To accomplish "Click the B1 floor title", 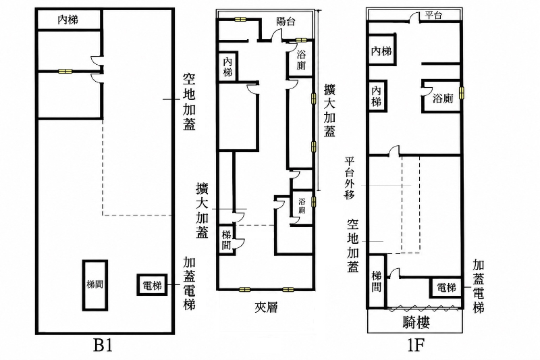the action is pos(103,346).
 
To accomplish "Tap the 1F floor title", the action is pos(416,346).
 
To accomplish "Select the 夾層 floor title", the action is pos(266,307).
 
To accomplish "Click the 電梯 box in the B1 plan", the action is pos(153,285).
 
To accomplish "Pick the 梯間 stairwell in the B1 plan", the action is pos(95,285).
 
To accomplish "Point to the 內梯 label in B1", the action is pos(68,20).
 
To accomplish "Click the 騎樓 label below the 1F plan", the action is pos(416,323).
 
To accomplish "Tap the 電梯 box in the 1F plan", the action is pos(446,287).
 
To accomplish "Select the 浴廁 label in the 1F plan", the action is pos(443,99).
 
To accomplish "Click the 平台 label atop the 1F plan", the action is pos(433,15).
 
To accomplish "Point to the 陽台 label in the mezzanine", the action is pos(286,22).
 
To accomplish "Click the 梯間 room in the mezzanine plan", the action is pos(227,240).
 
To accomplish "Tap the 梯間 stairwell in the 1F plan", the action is pos(377,281).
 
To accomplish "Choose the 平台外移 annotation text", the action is pos(350,178).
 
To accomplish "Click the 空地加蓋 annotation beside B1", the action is pos(189,101).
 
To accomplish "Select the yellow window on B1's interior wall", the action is pos(65,72).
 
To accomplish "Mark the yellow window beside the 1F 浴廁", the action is pos(462,93).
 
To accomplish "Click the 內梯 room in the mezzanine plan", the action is pos(227,67).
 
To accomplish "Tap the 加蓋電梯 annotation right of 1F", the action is pos(479,286).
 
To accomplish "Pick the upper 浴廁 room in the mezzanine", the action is pos(301,59).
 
